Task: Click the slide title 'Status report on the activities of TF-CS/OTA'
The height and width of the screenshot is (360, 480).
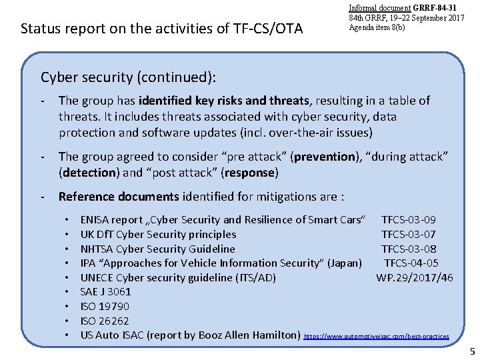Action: point(162,29)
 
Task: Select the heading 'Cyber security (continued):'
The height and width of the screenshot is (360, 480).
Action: point(128,77)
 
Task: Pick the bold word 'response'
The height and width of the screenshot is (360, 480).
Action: point(248,173)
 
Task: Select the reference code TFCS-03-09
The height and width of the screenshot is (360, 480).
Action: point(408,219)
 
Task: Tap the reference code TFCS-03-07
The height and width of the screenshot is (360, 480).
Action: point(408,234)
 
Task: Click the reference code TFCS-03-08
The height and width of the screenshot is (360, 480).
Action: point(408,249)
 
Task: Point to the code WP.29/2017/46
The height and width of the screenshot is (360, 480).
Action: point(414,277)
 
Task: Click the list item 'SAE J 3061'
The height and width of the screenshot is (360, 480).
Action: point(105,291)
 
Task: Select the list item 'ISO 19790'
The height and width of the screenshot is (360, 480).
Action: point(105,306)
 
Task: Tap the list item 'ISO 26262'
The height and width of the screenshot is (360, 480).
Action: point(105,321)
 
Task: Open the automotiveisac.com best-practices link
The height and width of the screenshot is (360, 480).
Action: point(377,337)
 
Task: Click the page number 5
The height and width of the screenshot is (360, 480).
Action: point(472,351)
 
